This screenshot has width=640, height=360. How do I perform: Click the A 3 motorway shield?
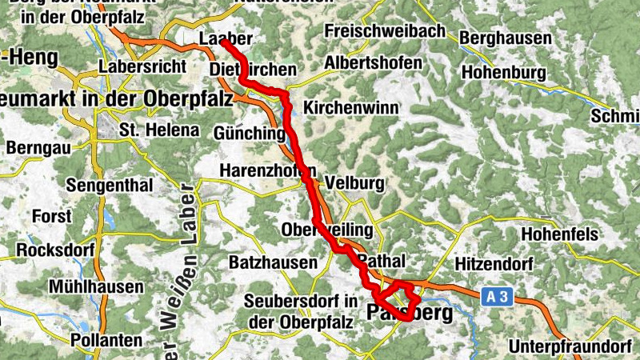pos(496,297)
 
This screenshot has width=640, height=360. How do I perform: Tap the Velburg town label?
pos(361,183)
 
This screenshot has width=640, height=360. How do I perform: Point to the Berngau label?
pos(38,148)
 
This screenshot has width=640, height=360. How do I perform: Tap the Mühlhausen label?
pos(96,286)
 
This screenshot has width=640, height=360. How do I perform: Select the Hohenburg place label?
pos(504,73)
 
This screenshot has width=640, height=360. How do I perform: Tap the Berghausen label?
pos(506,38)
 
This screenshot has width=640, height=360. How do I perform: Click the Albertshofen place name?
pos(374,63)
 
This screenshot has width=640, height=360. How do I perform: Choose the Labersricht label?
pos(142,66)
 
